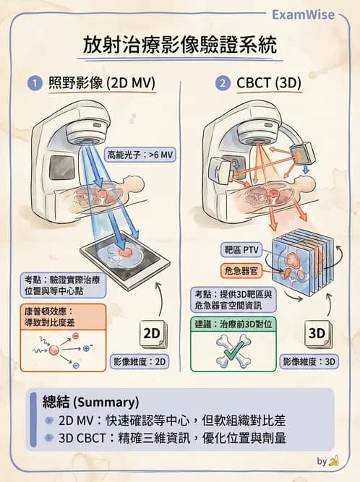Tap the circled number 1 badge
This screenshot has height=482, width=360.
33,82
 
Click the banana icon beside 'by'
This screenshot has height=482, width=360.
333,460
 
